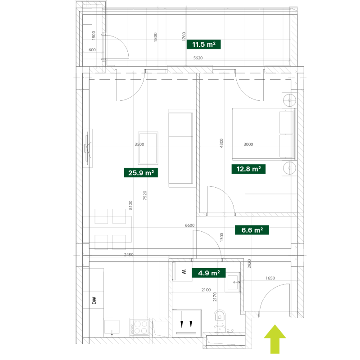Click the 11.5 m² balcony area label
(x=204, y=44)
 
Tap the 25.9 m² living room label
(x=141, y=173)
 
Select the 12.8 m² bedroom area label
(x=248, y=169)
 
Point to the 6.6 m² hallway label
(x=252, y=230)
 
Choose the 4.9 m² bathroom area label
(x=209, y=273)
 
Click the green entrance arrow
(x=275, y=339)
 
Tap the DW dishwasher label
(x=94, y=301)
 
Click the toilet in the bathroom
(x=220, y=320)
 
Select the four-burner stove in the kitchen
(x=139, y=328)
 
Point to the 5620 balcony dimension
(x=198, y=58)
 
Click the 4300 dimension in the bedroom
(x=221, y=143)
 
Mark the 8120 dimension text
(x=130, y=205)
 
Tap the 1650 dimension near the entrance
(x=270, y=278)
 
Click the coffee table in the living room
(x=148, y=148)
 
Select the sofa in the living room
(x=181, y=148)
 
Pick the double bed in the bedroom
(x=264, y=134)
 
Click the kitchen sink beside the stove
(x=112, y=327)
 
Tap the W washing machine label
(x=184, y=272)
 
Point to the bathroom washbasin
(x=233, y=282)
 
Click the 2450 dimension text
(x=129, y=255)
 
